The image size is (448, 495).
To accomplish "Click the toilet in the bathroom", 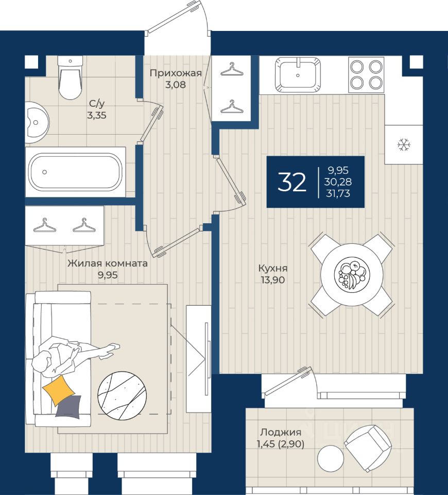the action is click(70, 77).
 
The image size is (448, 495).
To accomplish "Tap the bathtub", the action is click(75, 172).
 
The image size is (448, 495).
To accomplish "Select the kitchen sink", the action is click(298, 74).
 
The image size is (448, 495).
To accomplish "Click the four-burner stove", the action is click(366, 74).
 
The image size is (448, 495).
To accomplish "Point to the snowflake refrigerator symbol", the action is click(404, 144).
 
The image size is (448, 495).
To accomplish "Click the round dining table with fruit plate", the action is click(352, 274).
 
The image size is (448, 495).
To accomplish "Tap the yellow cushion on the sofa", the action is click(59, 390).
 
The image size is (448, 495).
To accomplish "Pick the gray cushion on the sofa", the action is click(69, 407).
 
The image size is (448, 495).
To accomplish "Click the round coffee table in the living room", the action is click(122, 395).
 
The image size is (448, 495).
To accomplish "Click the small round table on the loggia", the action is click(331, 458).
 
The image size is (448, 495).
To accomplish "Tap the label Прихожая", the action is click(176, 73).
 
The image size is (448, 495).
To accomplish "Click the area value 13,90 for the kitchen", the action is click(273, 279).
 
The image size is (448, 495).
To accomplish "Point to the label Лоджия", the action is click(281, 432).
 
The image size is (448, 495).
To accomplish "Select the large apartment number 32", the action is click(291, 182).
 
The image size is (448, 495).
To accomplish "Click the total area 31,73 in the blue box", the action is click(338, 193).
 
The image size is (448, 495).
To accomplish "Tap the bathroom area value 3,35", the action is click(97, 115).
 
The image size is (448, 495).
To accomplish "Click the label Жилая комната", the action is click(108, 263).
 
